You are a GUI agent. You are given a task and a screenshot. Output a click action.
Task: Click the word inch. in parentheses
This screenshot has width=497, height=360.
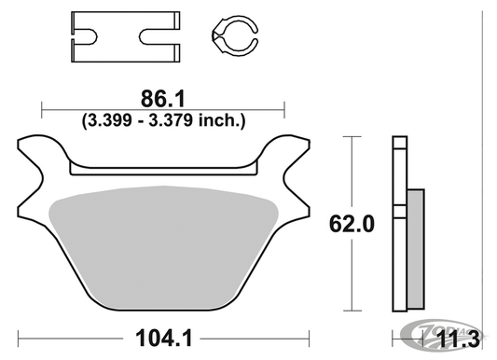tap(223, 119)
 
